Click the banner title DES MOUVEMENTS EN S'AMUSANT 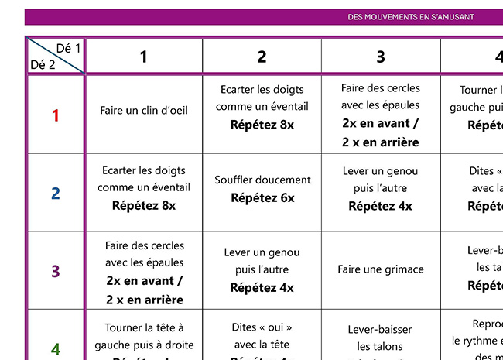tap(411, 16)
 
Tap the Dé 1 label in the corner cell tap(68, 48)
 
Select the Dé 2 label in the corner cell tap(42, 65)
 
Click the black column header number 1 tap(143, 57)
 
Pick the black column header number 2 tap(262, 57)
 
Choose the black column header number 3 tap(380, 57)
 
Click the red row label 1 tap(55, 115)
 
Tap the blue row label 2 tap(55, 194)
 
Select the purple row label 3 tap(55, 272)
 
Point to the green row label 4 tap(55, 349)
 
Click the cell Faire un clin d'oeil tap(144, 111)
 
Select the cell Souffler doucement tap(262, 180)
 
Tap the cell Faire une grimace tap(381, 269)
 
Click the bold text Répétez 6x tap(262, 198)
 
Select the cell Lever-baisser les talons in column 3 tap(381, 338)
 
